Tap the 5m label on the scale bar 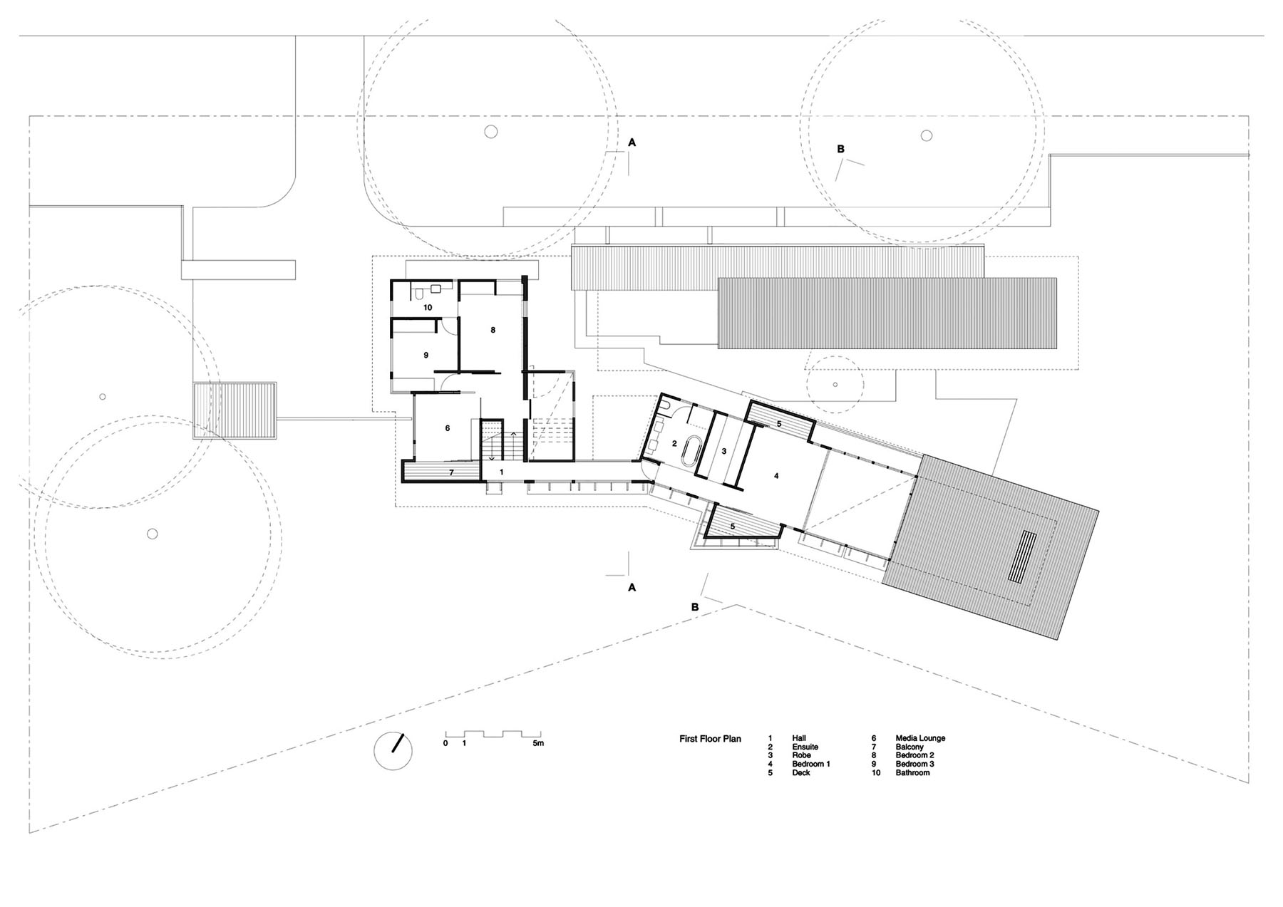pos(537,743)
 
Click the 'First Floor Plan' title pos(710,739)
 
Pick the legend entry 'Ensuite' pos(805,747)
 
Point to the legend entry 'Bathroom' pos(912,772)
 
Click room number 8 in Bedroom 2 pos(493,330)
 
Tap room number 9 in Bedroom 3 pos(426,355)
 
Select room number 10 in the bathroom pos(428,308)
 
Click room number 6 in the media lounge pos(447,428)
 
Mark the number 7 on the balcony pos(450,472)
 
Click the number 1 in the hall pos(501,472)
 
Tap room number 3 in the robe pos(723,451)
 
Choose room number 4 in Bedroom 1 pos(776,475)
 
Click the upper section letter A pos(632,142)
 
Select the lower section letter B pos(695,607)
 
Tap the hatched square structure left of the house pos(235,412)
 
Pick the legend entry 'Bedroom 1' pos(810,764)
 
